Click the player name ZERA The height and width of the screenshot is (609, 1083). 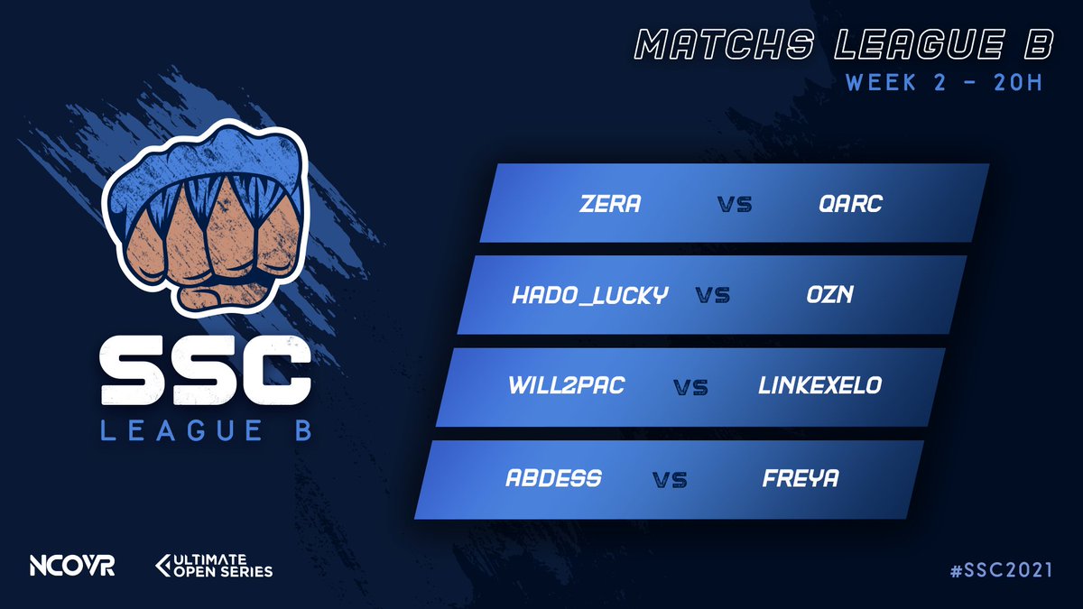609,204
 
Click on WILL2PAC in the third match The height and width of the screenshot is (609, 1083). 566,386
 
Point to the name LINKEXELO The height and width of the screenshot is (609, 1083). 819,386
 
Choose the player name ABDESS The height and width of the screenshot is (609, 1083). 553,478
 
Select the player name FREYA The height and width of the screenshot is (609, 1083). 800,478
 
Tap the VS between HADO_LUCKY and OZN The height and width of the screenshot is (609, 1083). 713,296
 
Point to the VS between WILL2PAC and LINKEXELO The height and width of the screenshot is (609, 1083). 690,388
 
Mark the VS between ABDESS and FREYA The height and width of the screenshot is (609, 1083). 670,480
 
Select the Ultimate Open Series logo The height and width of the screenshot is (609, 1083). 214,566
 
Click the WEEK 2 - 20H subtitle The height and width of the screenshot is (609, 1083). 944,82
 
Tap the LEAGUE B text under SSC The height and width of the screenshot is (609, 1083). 207,430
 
